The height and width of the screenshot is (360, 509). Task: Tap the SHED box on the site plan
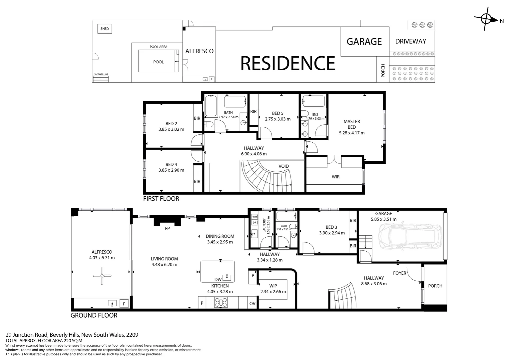[105, 29]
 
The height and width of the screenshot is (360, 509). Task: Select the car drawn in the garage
[410, 237]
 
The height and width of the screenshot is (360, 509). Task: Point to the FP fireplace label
[167, 229]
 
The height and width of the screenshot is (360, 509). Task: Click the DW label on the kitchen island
[218, 279]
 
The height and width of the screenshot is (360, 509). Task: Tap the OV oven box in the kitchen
[252, 303]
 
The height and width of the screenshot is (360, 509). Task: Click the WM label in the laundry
[254, 217]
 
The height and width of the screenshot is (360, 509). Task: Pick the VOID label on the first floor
[283, 166]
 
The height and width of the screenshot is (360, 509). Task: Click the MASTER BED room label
[352, 124]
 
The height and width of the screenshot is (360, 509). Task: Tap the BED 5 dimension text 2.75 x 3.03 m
[277, 119]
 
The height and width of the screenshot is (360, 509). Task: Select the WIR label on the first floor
[335, 177]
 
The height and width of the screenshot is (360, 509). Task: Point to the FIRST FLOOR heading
[161, 199]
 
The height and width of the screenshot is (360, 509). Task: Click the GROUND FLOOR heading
[94, 315]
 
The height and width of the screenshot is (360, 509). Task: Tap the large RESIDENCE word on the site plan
[288, 63]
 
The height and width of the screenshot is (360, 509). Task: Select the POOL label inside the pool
[159, 62]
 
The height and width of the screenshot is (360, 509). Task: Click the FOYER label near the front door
[399, 273]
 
